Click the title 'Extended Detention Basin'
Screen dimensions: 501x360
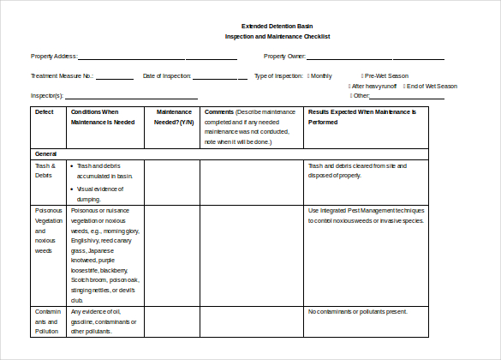[277, 27]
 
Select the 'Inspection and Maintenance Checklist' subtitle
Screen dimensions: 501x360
[277, 37]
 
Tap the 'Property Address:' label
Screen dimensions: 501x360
[54, 57]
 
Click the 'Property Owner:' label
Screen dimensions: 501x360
[285, 57]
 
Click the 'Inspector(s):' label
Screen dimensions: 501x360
[47, 96]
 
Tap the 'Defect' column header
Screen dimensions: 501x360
[44, 112]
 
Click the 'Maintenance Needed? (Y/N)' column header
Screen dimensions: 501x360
[174, 117]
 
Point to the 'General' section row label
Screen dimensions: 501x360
[46, 153]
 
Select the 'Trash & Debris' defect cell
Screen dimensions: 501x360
[45, 171]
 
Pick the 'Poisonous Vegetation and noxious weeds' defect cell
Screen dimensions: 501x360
[48, 230]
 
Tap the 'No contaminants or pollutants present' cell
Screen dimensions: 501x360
[357, 312]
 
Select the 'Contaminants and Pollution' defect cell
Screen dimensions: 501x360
[48, 321]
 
